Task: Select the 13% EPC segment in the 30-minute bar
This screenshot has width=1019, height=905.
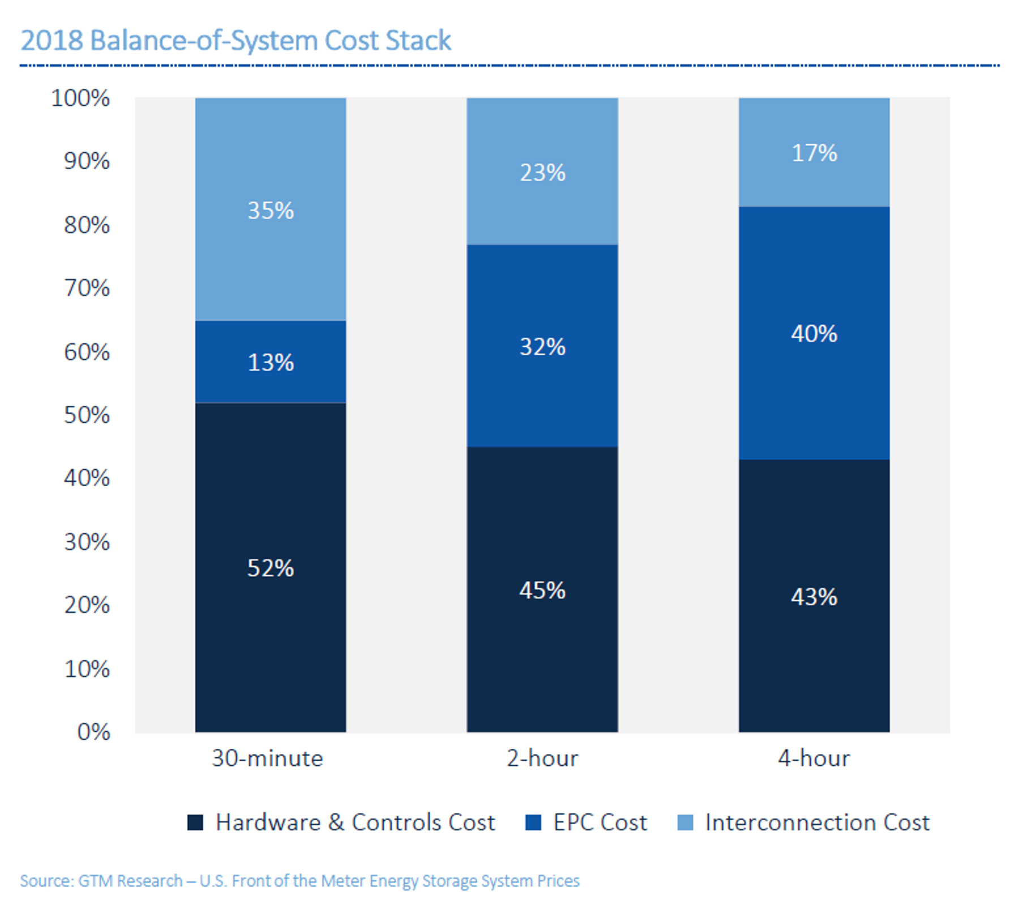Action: click(271, 362)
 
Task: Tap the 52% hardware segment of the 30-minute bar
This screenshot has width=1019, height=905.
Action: click(271, 567)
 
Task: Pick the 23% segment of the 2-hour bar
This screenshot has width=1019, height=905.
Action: click(542, 171)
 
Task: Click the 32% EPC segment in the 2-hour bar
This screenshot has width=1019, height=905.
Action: click(542, 346)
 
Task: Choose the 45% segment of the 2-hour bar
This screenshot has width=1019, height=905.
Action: click(542, 590)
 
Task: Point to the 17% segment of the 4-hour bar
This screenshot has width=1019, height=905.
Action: click(814, 152)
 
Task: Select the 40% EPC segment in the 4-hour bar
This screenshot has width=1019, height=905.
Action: click(814, 333)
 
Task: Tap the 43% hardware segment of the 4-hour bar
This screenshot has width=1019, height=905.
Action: click(814, 596)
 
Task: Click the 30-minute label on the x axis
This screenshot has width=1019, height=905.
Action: click(267, 758)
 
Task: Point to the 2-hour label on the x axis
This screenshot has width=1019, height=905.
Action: click(542, 758)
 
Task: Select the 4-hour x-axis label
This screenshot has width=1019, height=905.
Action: click(814, 758)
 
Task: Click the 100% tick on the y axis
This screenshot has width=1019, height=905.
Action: click(80, 98)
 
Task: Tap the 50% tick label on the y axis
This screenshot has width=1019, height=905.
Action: click(87, 415)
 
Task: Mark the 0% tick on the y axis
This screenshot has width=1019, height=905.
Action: click(93, 731)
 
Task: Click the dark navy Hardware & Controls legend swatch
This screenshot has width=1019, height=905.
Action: click(195, 822)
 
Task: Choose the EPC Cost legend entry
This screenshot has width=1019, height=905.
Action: click(599, 822)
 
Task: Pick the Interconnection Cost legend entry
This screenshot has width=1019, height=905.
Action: click(816, 822)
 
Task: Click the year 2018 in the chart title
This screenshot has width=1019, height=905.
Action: click(52, 40)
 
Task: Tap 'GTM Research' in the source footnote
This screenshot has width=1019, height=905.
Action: click(130, 881)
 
